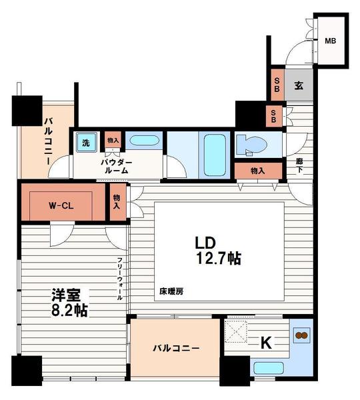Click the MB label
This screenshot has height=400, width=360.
(331, 41)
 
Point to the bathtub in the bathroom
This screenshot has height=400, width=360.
(214, 154)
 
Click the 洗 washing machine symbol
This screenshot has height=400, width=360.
(85, 142)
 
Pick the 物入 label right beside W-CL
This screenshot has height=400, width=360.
(117, 202)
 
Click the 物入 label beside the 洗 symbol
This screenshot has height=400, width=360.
(113, 141)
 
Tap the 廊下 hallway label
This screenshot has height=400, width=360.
(301, 166)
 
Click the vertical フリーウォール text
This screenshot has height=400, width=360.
(120, 279)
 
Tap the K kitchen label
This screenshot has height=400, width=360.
(265, 343)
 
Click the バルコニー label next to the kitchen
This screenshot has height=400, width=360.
(175, 348)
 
